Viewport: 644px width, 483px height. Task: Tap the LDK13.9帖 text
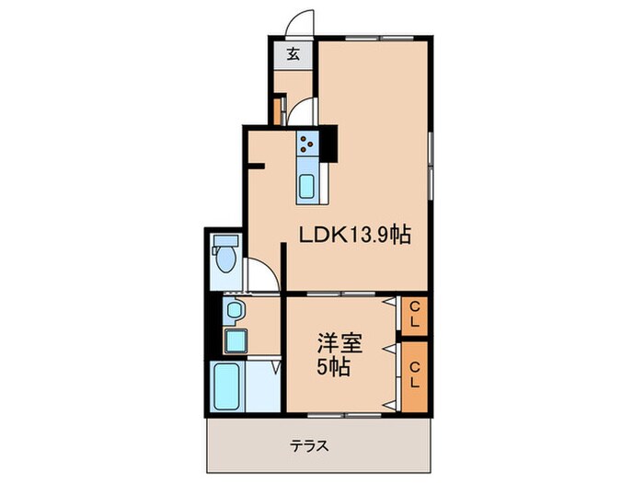(x=353, y=236)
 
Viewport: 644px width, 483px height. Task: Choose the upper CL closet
(x=414, y=315)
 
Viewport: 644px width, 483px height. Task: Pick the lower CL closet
(x=414, y=375)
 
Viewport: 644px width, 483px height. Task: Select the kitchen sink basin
(x=307, y=185)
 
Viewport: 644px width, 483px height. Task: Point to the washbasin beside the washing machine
(x=235, y=309)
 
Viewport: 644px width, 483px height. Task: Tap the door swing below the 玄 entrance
(x=303, y=112)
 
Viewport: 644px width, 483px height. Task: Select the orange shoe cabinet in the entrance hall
(x=276, y=109)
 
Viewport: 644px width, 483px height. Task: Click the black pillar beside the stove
(x=328, y=141)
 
